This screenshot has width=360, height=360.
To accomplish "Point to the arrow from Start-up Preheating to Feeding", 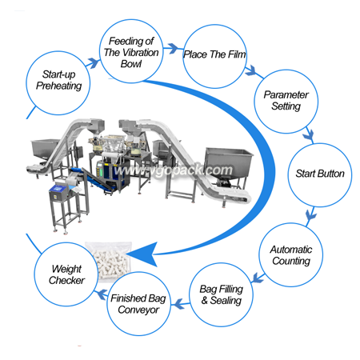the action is (93, 63).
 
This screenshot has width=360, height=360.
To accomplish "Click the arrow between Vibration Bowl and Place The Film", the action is (173, 48).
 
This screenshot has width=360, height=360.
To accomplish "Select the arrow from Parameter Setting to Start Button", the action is (310, 134).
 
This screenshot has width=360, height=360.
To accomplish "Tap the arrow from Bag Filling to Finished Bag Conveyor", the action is (180, 304).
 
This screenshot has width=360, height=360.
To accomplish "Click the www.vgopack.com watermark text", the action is (174, 170).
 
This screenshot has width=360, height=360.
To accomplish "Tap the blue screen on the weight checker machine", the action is (59, 188).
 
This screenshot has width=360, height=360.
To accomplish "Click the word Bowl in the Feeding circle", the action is (131, 64).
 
